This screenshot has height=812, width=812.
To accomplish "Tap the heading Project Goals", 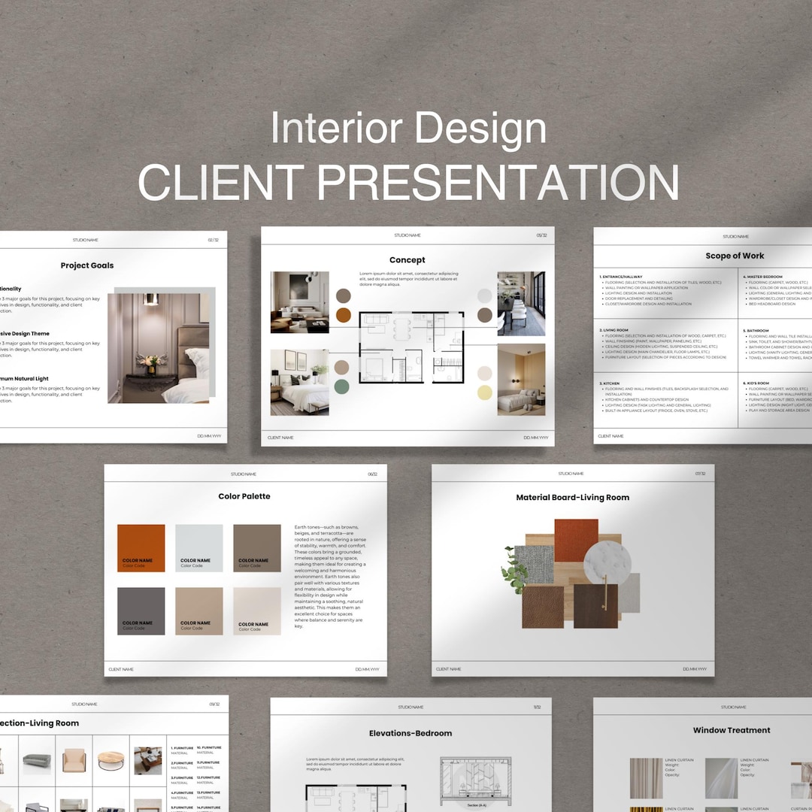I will coord(87,265).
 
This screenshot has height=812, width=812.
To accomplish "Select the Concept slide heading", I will coord(407,260).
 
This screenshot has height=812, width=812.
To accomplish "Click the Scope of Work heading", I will coord(735,256).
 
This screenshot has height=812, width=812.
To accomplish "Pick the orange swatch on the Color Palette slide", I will coord(141,547).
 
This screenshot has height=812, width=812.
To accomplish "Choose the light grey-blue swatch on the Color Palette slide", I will coord(198,547).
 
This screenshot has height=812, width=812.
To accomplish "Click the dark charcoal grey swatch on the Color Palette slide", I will coord(141,611).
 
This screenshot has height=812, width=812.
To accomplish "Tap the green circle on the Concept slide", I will coord(342,386).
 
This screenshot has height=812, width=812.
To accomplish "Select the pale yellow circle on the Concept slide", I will coord(485,392).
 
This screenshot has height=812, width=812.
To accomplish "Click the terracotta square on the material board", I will coord(576,540).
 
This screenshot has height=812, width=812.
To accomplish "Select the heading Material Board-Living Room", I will coord(572,498).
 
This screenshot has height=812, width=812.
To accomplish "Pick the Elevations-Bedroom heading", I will coord(411,733).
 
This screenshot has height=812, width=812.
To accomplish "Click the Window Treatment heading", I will coord(732,730).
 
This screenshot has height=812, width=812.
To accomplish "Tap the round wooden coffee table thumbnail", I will coord(111,760).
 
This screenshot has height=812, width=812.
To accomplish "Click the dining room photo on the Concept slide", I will coord(521,304).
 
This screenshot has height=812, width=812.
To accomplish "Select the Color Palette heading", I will coord(244,496).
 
